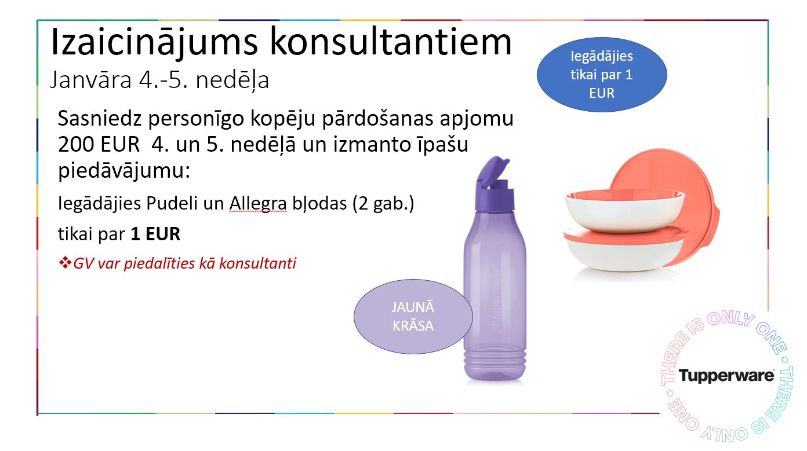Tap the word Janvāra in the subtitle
coord(91,79)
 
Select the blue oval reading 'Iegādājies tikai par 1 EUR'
coord(602,75)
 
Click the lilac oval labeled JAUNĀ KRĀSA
coord(413,317)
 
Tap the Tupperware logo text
coord(726,376)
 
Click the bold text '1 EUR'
coord(155,234)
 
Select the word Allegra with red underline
coord(258,203)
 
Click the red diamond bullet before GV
coord(65,263)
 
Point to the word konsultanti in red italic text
coord(257,263)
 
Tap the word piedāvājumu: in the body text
coord(124,170)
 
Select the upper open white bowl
coord(625,210)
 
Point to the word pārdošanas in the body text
coord(377,119)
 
